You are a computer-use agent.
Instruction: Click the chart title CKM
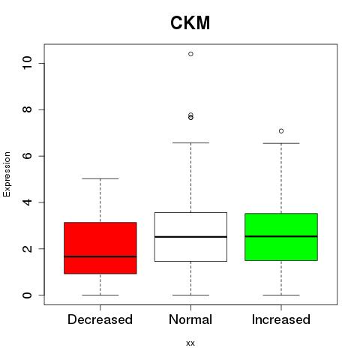pos(190,22)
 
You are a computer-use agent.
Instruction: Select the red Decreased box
pos(100,247)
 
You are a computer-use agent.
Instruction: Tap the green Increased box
pos(281,237)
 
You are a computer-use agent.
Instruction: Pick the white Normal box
pos(190,237)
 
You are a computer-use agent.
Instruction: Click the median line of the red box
pos(100,256)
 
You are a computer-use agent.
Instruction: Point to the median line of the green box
pos(281,236)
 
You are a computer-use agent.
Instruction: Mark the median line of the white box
pos(190,236)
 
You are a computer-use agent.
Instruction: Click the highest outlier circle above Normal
pos(190,54)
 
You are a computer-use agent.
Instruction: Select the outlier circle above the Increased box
pos(281,131)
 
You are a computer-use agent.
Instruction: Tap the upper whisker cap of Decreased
pos(100,178)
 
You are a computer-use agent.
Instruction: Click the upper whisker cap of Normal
pos(190,142)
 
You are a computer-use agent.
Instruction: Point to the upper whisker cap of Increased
pos(281,143)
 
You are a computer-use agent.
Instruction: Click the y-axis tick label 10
pos(27,63)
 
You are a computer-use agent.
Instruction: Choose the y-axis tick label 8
pos(27,109)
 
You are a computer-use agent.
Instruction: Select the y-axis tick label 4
pos(27,202)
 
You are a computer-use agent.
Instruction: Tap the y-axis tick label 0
pos(27,295)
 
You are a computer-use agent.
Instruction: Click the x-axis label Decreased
pos(100,319)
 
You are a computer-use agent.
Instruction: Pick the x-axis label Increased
pos(281,319)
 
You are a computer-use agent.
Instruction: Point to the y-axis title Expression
pos(7,174)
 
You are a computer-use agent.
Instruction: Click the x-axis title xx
pos(190,343)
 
